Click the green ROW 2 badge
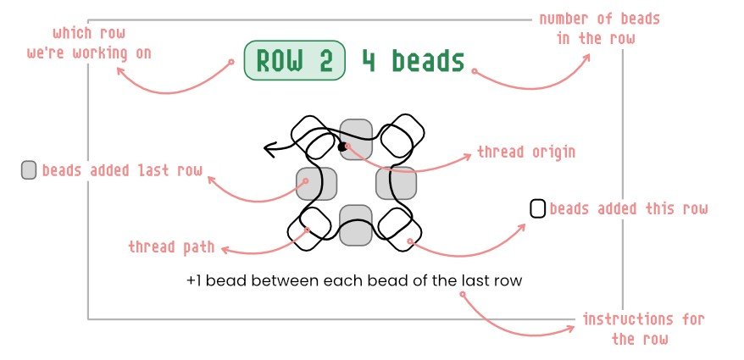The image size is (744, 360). (x=294, y=61)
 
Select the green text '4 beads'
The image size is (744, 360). (x=414, y=61)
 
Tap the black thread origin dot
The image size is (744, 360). (x=342, y=147)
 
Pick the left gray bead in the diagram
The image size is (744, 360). (x=317, y=183)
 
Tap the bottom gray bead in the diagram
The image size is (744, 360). (x=356, y=226)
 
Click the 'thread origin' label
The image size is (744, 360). (x=526, y=152)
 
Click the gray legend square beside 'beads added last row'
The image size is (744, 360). (x=29, y=170)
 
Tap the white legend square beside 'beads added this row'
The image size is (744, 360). (x=537, y=208)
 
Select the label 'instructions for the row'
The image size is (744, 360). (x=643, y=330)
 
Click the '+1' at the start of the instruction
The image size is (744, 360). (x=196, y=280)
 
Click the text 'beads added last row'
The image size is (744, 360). (x=122, y=170)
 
